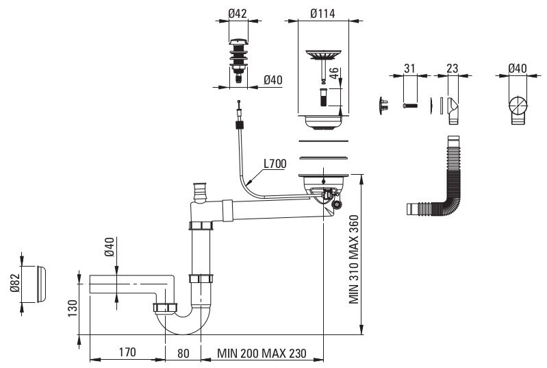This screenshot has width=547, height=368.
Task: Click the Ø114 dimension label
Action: point(322,14)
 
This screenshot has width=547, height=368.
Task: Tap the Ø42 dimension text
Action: point(238,14)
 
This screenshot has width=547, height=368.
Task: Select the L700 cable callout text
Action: point(275,163)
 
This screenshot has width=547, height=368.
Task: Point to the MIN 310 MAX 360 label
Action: point(354,260)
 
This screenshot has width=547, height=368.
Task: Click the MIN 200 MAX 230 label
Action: point(262,354)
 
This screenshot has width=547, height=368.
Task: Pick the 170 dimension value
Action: point(127,352)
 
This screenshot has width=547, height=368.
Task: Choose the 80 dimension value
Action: point(183,354)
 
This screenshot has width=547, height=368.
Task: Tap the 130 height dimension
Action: point(73,308)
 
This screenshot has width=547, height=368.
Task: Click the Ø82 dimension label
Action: point(14,283)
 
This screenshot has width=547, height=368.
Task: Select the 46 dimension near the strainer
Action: point(334,73)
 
